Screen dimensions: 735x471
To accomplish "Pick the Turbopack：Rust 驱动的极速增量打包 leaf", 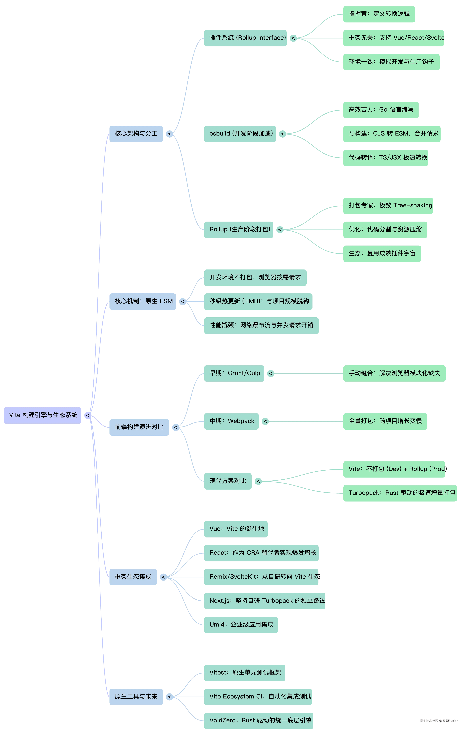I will (400, 493).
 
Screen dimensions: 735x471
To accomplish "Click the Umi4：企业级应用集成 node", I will (241, 625).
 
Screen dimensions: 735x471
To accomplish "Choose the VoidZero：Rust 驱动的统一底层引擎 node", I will (258, 720).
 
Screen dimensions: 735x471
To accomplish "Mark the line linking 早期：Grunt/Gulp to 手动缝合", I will (309, 373).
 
